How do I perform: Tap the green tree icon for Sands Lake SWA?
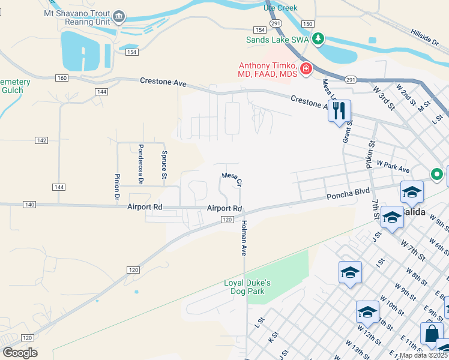[x=318, y=40]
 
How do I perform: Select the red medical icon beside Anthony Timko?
[x=306, y=69]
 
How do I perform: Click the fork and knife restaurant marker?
[x=339, y=111]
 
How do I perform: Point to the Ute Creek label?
[x=281, y=7]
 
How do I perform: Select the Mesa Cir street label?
[x=232, y=179]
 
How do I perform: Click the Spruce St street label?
[x=164, y=164]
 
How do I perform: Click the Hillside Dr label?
[x=426, y=36]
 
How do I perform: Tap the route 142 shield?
[x=41, y=140]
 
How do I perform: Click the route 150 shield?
[x=307, y=23]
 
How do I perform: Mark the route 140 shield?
[x=29, y=205]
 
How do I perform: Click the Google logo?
[x=20, y=353]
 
